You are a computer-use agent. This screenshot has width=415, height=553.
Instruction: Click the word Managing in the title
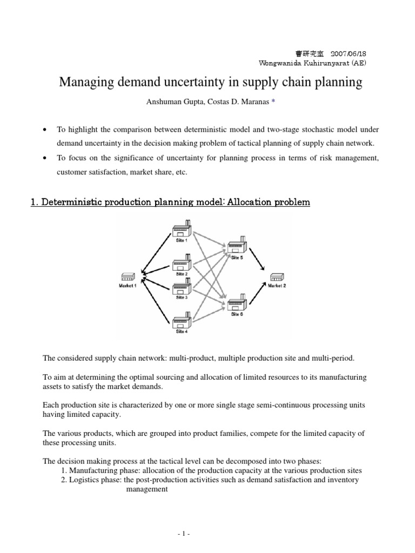pos(85,83)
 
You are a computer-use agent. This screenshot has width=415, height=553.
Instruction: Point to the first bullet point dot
pos(44,130)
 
